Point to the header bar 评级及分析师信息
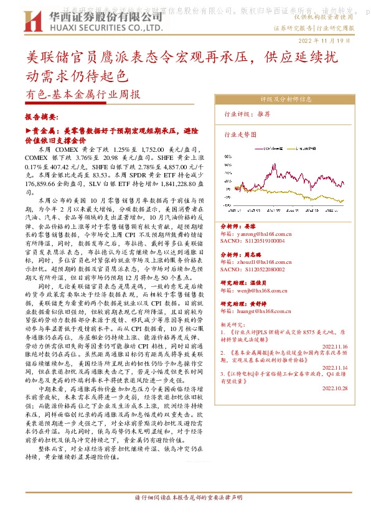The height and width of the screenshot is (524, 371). (x=286, y=98)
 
